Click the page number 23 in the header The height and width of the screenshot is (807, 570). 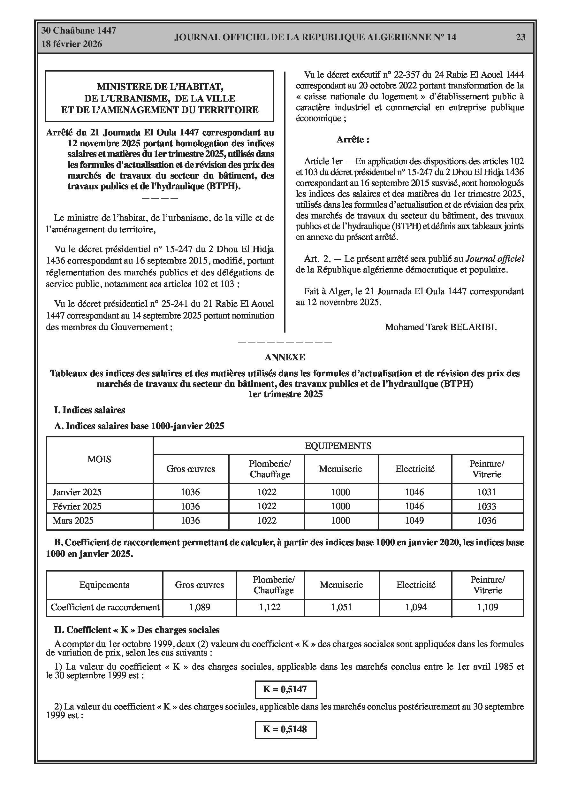click(x=521, y=37)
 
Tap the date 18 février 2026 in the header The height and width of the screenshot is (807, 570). click(x=72, y=44)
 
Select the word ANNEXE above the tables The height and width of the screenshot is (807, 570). click(x=285, y=357)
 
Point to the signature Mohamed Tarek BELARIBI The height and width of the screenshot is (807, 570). click(x=441, y=327)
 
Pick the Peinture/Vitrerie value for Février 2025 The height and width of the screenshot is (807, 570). click(x=487, y=506)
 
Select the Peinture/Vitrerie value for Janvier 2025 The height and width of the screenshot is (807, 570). click(x=487, y=492)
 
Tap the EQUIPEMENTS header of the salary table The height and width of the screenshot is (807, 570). click(x=338, y=446)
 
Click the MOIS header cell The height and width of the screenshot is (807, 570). click(x=99, y=459)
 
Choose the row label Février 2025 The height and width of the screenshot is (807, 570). click(x=77, y=506)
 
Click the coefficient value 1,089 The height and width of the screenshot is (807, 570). click(x=200, y=607)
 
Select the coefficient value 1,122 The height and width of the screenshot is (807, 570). click(x=270, y=607)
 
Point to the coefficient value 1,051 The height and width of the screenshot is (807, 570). click(x=341, y=607)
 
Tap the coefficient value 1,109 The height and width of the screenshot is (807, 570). click(x=487, y=607)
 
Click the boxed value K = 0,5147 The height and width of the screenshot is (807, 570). click(x=285, y=689)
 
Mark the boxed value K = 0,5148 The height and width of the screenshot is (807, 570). click(x=285, y=729)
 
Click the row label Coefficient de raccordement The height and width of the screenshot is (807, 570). click(x=105, y=607)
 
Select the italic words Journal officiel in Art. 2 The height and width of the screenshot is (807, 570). click(x=494, y=259)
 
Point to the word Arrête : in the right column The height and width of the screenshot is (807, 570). click(x=353, y=140)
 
